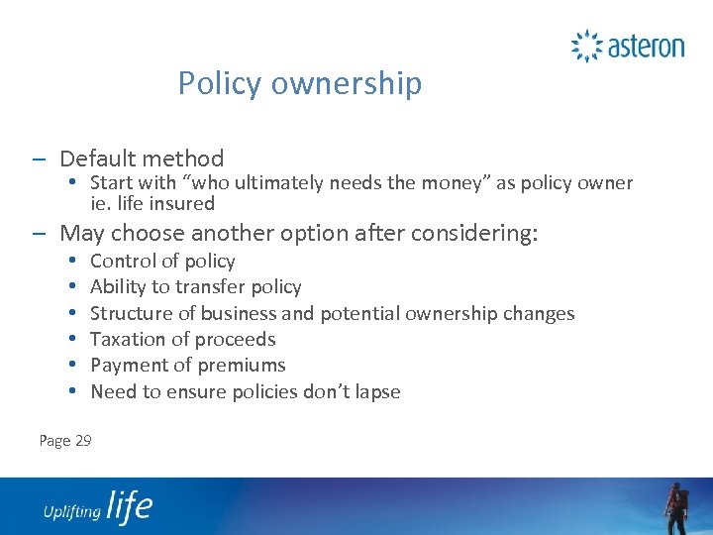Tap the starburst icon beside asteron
[587, 46]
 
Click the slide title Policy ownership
[299, 83]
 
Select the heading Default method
[142, 159]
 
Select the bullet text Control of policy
[162, 262]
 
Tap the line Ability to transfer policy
[195, 287]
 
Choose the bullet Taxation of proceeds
[182, 340]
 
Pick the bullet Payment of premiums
[187, 366]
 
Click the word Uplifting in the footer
[71, 511]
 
